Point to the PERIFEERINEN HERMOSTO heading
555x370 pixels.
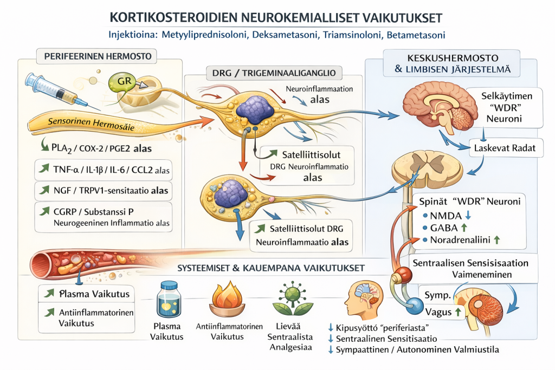(98, 55)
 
